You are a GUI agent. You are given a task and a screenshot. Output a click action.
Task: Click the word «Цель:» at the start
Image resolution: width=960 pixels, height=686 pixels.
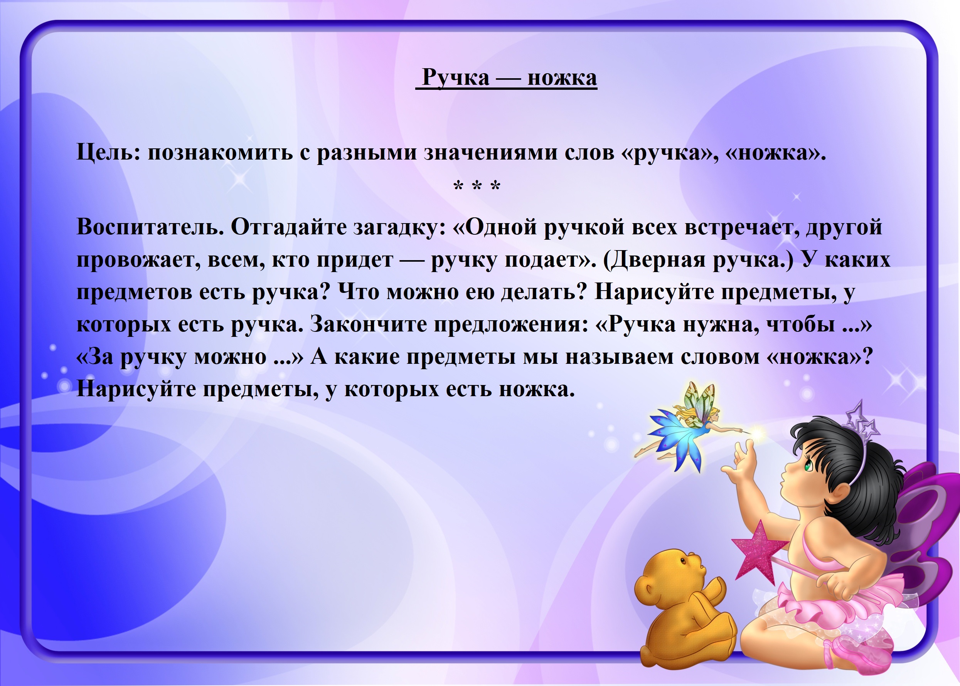coord(109,153)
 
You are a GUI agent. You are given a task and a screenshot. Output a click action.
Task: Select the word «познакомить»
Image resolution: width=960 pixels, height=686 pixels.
coord(220,153)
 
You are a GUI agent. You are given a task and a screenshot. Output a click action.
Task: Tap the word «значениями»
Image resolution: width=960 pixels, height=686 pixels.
coord(491,153)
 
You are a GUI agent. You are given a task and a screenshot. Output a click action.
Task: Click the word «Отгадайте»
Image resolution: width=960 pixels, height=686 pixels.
coord(289,228)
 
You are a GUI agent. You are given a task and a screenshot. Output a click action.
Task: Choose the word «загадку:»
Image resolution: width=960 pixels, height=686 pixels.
coord(400,228)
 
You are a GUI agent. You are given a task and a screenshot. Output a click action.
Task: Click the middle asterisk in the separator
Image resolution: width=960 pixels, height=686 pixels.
coord(477,185)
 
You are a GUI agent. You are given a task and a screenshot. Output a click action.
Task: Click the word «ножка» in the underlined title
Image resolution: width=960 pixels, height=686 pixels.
coord(562,78)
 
